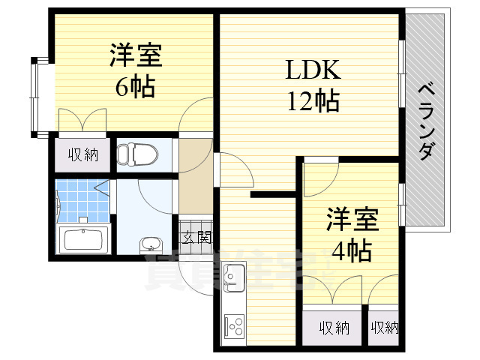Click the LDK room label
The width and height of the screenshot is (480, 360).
(x=313, y=71)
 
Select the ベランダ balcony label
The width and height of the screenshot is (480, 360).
(x=424, y=119)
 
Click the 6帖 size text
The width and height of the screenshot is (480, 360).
(x=135, y=87)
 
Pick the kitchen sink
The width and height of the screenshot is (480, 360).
(x=232, y=278)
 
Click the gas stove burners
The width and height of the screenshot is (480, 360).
(x=234, y=327)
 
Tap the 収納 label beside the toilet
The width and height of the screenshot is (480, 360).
(x=84, y=155)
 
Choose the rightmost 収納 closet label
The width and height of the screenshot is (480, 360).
(x=384, y=328)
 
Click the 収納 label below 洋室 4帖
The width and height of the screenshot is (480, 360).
(x=334, y=328)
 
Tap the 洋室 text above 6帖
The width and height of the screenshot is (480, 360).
(x=136, y=56)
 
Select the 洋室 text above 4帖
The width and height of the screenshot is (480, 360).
(x=352, y=220)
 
